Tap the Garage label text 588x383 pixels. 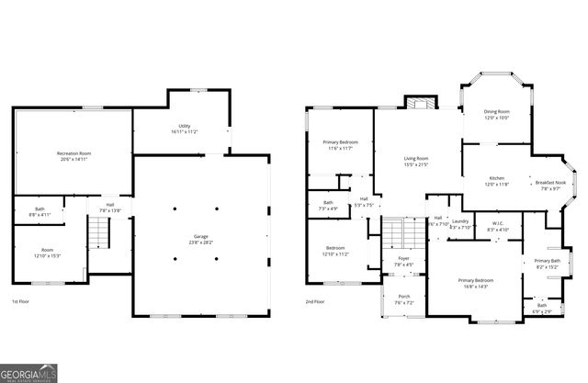click(200, 241)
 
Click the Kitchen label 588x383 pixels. click(496, 181)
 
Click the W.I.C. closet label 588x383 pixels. click(498, 224)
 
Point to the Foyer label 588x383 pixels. click(403, 262)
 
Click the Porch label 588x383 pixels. click(403, 299)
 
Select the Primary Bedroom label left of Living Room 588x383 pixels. click(340, 145)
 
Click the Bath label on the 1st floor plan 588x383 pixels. click(40, 211)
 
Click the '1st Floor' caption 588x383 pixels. click(22, 302)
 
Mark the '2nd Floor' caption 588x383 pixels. click(316, 302)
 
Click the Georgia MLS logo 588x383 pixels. click(33, 374)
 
